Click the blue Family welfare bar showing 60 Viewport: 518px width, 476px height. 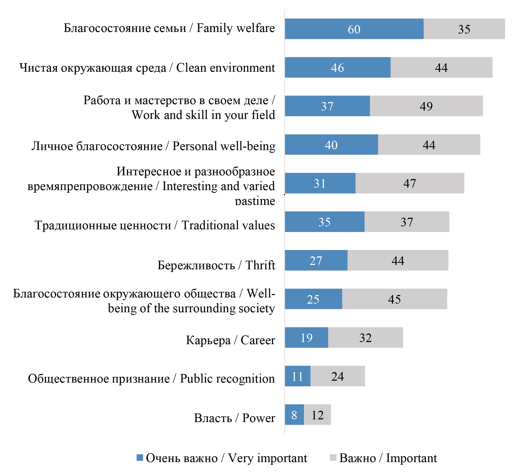pyautogui.click(x=354, y=29)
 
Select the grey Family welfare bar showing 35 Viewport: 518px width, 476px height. pyautogui.click(x=464, y=29)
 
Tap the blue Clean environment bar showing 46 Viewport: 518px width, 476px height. pyautogui.click(x=337, y=67)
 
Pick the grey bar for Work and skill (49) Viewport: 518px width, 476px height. pyautogui.click(x=426, y=106)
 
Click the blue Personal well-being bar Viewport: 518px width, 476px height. pyautogui.click(x=331, y=145)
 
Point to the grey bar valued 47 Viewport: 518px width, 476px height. pyautogui.click(x=410, y=183)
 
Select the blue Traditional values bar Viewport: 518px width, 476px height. pyautogui.click(x=325, y=222)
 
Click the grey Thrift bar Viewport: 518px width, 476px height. pyautogui.click(x=398, y=260)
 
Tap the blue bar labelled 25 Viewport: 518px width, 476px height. pyautogui.click(x=313, y=299)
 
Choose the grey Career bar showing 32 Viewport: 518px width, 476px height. pyautogui.click(x=365, y=337)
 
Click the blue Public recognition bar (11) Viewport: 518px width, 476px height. pyautogui.click(x=297, y=376)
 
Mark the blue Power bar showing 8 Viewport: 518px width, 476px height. pyautogui.click(x=294, y=415)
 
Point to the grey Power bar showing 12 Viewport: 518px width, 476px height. pyautogui.click(x=317, y=415)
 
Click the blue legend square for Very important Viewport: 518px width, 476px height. pyautogui.click(x=139, y=458)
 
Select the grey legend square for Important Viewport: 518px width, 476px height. pyautogui.click(x=333, y=458)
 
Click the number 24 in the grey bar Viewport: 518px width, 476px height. pyautogui.click(x=337, y=376)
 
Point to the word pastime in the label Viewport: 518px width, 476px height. pyautogui.click(x=255, y=201)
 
